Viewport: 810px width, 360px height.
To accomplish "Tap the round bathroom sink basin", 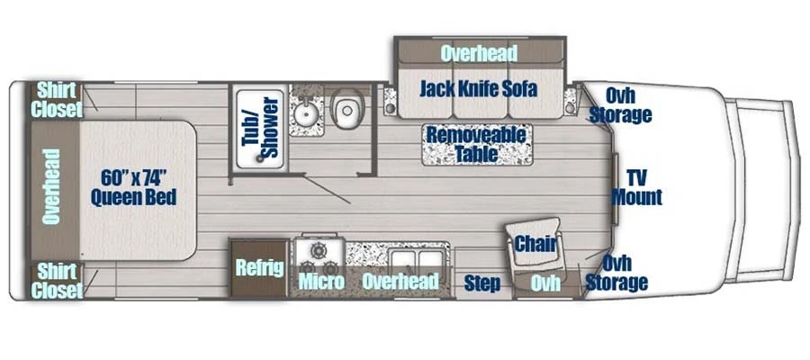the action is click(x=306, y=112).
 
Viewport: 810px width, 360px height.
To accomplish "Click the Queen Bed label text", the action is click(x=133, y=197).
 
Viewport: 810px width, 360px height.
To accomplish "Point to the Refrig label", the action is click(x=259, y=268).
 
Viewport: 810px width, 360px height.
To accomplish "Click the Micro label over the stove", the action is click(x=321, y=282).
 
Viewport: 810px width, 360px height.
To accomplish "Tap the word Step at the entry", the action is click(x=482, y=283).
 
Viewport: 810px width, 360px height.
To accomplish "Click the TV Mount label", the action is click(x=637, y=187).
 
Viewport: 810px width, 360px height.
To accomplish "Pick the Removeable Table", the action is click(x=476, y=144).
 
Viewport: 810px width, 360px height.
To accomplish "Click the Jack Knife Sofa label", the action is click(x=479, y=89).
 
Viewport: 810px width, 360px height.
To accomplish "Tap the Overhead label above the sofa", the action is click(x=479, y=53).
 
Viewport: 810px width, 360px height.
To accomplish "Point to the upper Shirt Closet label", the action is click(x=57, y=100).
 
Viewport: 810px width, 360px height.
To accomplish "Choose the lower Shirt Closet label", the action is click(x=57, y=281).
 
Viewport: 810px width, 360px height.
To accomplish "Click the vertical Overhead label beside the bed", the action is click(x=51, y=186).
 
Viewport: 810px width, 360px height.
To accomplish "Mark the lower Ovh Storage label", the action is click(x=616, y=273).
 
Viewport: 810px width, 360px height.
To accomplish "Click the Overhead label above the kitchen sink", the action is click(x=400, y=282).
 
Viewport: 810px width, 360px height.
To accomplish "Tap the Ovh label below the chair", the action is click(x=545, y=283).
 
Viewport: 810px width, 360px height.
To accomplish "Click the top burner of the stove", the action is click(x=319, y=250).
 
